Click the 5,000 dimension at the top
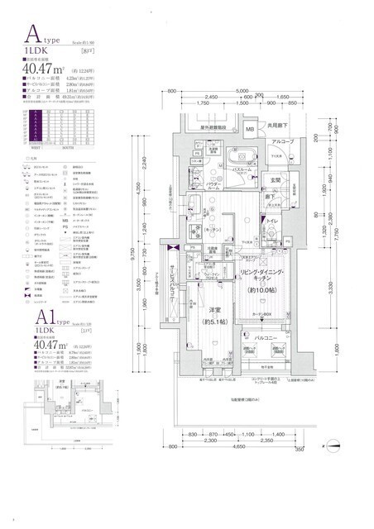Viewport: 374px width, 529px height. click(x=241, y=90)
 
